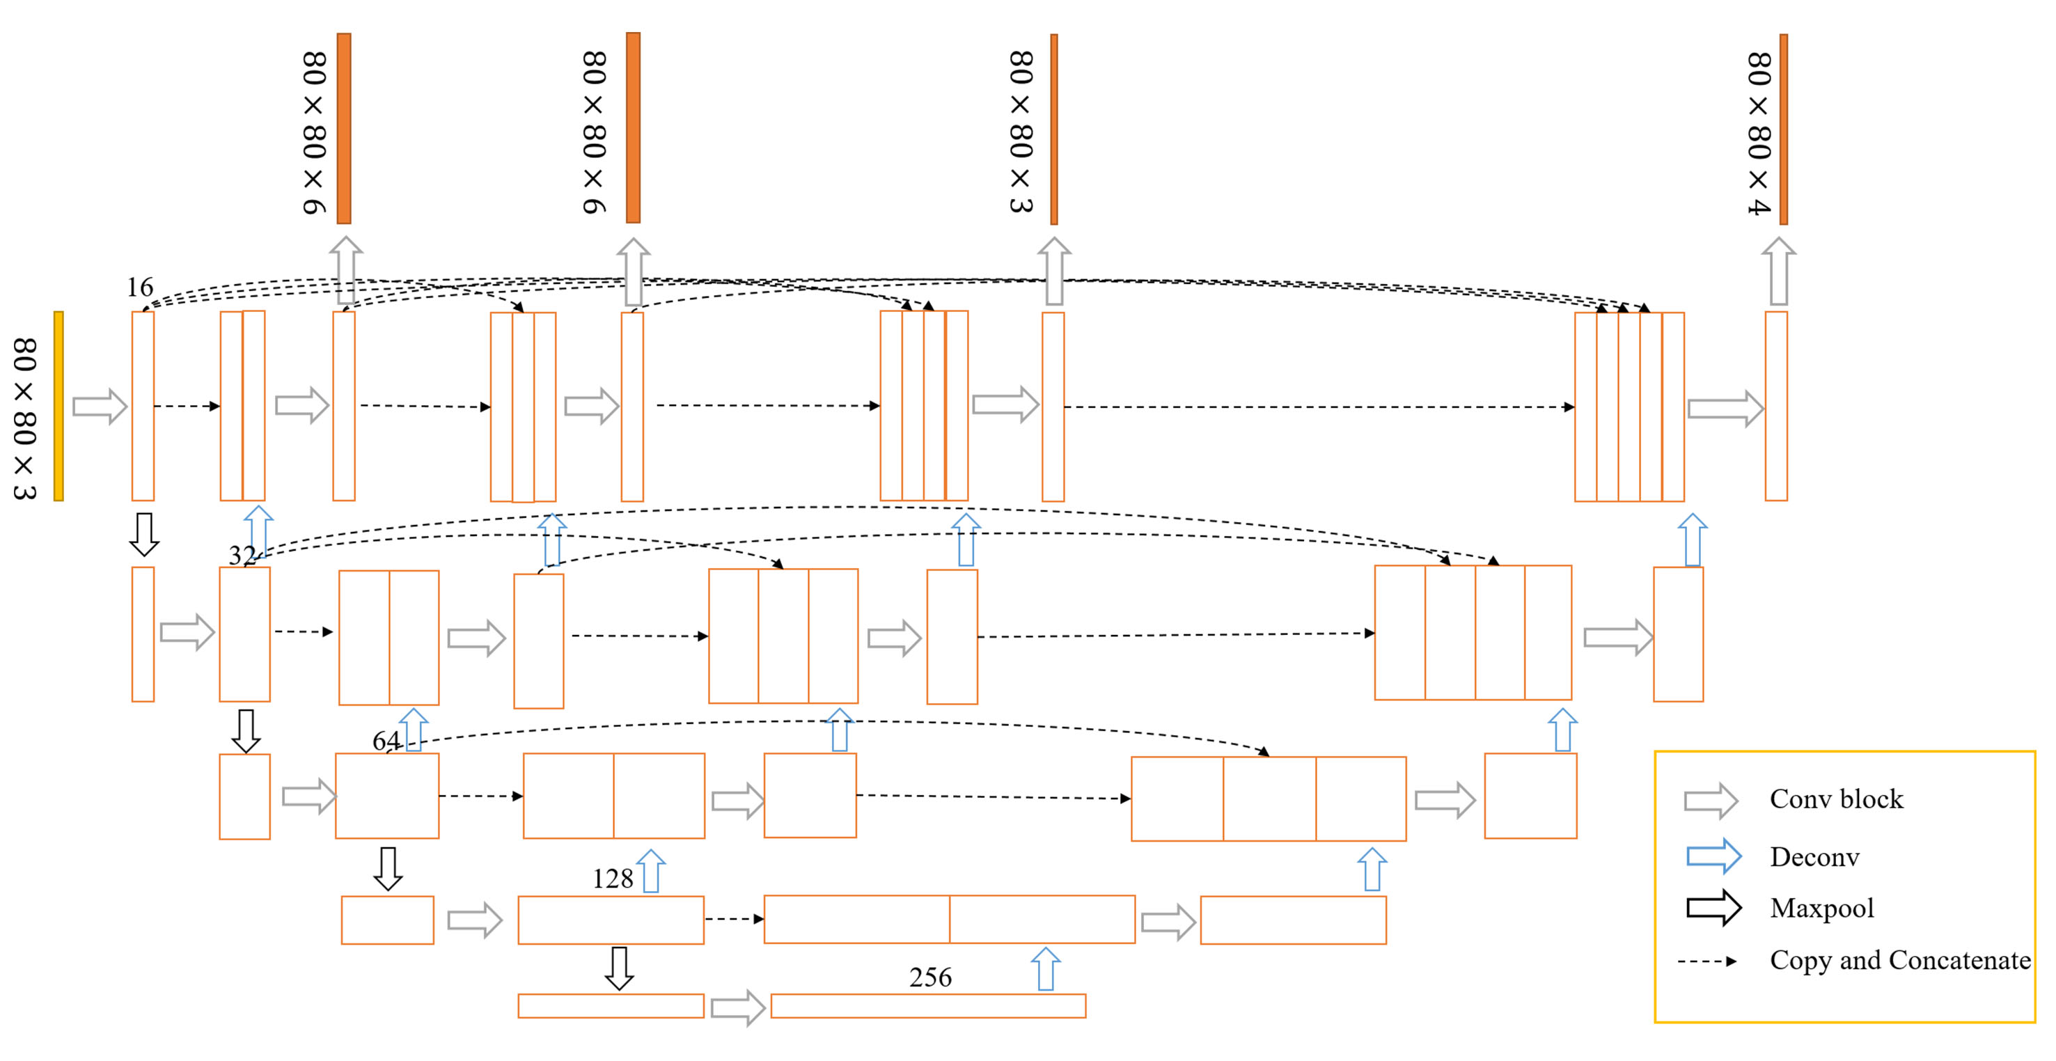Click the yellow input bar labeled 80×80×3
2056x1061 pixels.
[x=58, y=407]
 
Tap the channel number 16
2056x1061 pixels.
[x=140, y=288]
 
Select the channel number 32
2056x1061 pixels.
[x=242, y=555]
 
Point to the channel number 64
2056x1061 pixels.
[x=386, y=741]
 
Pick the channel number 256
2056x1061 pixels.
[x=929, y=977]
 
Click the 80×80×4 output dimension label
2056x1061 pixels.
[x=1758, y=134]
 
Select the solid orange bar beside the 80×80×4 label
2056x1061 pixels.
[x=1783, y=129]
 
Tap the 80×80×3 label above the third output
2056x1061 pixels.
[x=1021, y=132]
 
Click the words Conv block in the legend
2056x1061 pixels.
[x=1836, y=799]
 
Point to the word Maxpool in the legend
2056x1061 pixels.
[x=1821, y=909]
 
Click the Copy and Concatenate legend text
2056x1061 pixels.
[x=1899, y=961]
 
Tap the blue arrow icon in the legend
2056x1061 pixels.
[x=1713, y=856]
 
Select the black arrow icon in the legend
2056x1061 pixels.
[x=1713, y=908]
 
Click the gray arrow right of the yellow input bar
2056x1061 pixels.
[x=100, y=407]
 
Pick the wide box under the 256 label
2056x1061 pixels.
[x=927, y=1006]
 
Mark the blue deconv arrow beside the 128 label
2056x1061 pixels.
[x=651, y=871]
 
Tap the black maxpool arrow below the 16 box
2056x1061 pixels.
[x=144, y=534]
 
